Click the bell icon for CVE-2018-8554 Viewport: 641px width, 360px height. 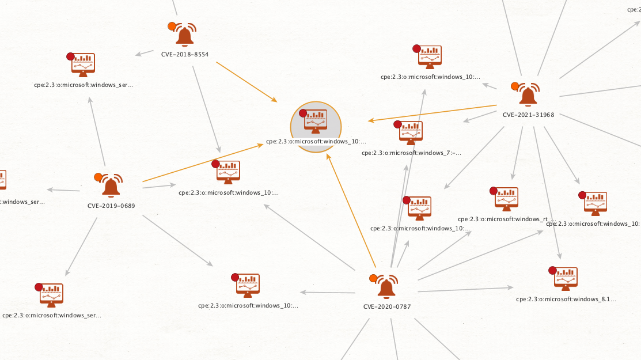point(185,36)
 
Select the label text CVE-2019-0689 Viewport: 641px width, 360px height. point(111,206)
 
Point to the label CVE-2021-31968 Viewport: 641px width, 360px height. point(528,115)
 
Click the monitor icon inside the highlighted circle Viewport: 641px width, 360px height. point(316,121)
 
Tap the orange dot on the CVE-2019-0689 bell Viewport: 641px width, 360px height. point(98,177)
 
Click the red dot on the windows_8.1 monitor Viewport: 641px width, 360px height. point(552,270)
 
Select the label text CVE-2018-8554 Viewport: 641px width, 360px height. point(185,55)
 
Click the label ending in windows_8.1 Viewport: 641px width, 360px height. point(566,299)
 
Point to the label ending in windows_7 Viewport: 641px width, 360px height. point(411,153)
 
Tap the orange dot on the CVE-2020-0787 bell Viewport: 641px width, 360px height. point(373,279)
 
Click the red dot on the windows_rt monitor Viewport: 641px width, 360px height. point(493,191)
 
